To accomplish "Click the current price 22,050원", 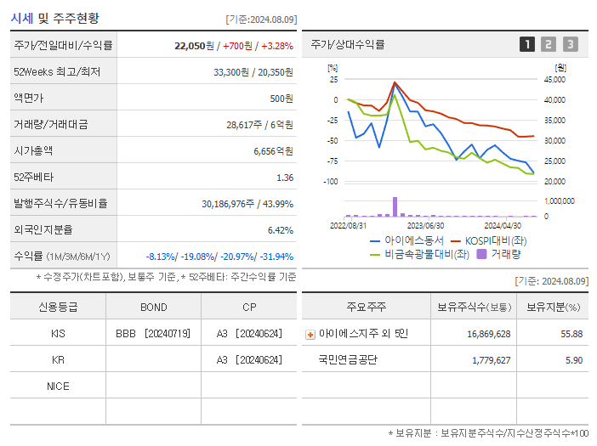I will click(x=195, y=44).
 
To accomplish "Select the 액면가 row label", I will click(x=32, y=99).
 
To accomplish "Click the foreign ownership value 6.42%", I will click(x=280, y=230).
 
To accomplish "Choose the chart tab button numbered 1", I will click(x=527, y=44).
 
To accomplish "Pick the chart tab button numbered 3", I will click(x=570, y=44).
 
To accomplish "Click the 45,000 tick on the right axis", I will click(x=554, y=80).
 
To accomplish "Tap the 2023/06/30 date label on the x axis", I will click(x=425, y=226).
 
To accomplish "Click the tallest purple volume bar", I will click(x=395, y=206).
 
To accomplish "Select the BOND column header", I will click(x=153, y=308).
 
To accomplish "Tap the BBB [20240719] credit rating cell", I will click(x=153, y=334).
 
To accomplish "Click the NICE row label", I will click(x=58, y=387).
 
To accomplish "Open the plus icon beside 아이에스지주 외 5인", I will click(x=310, y=334).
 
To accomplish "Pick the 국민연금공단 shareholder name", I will click(x=348, y=360).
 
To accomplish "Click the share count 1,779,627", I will click(x=491, y=360).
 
